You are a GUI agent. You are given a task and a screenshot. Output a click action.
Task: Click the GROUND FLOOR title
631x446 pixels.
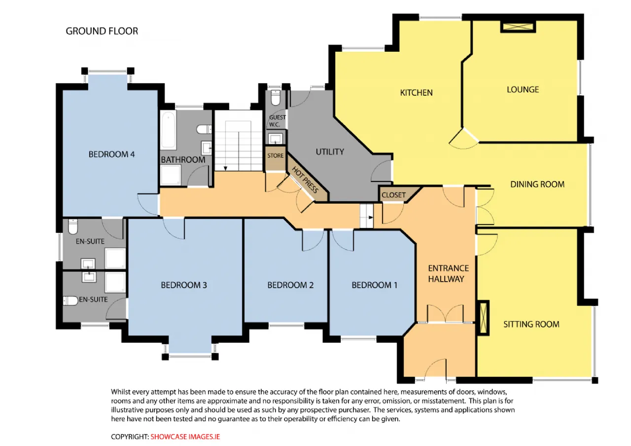(x=102, y=31)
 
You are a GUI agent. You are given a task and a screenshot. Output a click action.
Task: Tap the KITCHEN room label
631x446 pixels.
(x=416, y=93)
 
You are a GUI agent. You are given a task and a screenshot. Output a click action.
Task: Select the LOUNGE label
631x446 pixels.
(x=523, y=90)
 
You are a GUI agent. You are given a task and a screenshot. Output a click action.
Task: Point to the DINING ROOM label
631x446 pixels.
(x=537, y=185)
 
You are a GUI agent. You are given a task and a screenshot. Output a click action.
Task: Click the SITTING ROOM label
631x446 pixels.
(x=531, y=324)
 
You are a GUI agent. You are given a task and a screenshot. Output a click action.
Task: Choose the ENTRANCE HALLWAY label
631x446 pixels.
(x=448, y=273)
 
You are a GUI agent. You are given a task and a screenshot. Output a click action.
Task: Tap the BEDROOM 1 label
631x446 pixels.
(x=374, y=285)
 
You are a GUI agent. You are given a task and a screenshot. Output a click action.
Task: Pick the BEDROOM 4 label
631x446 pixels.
(x=111, y=154)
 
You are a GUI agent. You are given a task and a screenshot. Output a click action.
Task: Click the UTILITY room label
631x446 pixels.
(x=330, y=152)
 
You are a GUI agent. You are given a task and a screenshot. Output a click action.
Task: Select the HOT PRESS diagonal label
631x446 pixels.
(x=305, y=180)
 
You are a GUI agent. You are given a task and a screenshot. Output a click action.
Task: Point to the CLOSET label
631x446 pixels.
(x=393, y=195)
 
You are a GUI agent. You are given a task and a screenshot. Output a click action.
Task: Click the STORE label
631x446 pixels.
(x=275, y=155)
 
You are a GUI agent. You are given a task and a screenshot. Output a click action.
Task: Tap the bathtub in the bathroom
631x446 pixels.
(x=169, y=129)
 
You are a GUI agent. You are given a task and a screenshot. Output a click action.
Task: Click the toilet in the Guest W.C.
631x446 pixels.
(x=275, y=97)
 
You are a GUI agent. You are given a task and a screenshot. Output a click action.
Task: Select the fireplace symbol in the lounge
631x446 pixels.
(x=518, y=27)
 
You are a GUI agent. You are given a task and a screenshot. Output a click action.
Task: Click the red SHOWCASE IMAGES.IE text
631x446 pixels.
(x=185, y=437)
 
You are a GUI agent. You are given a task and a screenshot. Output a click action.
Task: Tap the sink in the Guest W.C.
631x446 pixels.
(x=275, y=139)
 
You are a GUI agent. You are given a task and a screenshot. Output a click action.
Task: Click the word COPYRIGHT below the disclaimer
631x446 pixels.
(x=130, y=437)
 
